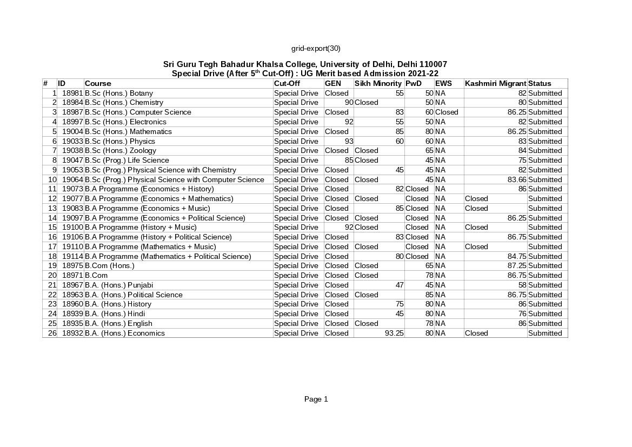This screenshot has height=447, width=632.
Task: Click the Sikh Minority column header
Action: click(378, 83)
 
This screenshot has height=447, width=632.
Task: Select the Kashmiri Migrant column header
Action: click(495, 83)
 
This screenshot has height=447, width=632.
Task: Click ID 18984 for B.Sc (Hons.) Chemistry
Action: click(72, 103)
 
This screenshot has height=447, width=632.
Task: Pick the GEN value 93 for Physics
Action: click(349, 141)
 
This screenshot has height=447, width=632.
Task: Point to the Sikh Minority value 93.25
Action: click(394, 333)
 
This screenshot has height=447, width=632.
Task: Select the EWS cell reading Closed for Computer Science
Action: click(447, 112)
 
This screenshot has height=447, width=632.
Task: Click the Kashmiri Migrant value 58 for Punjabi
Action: click(522, 285)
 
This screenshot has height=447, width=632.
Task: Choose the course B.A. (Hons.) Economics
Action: click(125, 333)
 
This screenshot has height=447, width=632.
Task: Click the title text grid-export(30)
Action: click(316, 48)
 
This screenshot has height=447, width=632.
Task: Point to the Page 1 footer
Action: click(316, 399)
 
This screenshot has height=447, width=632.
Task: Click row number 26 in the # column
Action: click(52, 333)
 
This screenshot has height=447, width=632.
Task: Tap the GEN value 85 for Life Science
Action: click(349, 160)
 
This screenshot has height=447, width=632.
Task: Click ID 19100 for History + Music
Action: click(72, 228)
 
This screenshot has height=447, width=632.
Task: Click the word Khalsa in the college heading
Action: click(276, 64)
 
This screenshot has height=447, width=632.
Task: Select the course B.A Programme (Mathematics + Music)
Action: click(150, 246)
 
